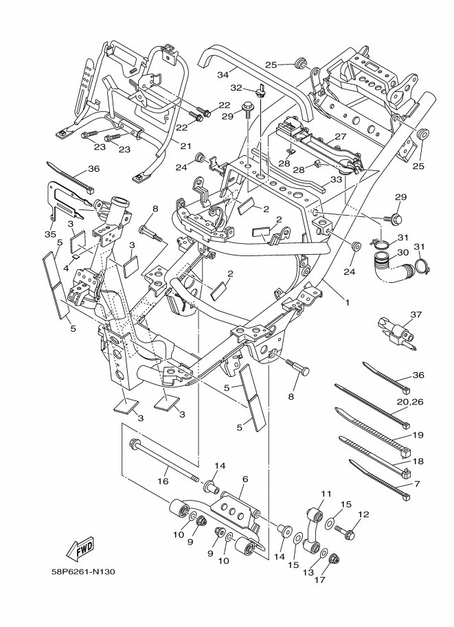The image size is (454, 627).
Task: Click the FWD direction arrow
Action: pyautogui.click(x=81, y=549)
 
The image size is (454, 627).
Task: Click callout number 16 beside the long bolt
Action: pyautogui.click(x=163, y=481)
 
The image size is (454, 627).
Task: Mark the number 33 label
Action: pyautogui.click(x=335, y=180)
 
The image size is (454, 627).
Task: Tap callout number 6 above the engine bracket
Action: pyautogui.click(x=245, y=479)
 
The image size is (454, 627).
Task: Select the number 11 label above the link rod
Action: pyautogui.click(x=326, y=494)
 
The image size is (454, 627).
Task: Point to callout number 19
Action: pyautogui.click(x=418, y=435)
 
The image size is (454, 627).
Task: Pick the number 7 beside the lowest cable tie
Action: pyautogui.click(x=417, y=483)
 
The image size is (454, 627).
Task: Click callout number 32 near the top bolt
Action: pyautogui.click(x=236, y=88)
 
